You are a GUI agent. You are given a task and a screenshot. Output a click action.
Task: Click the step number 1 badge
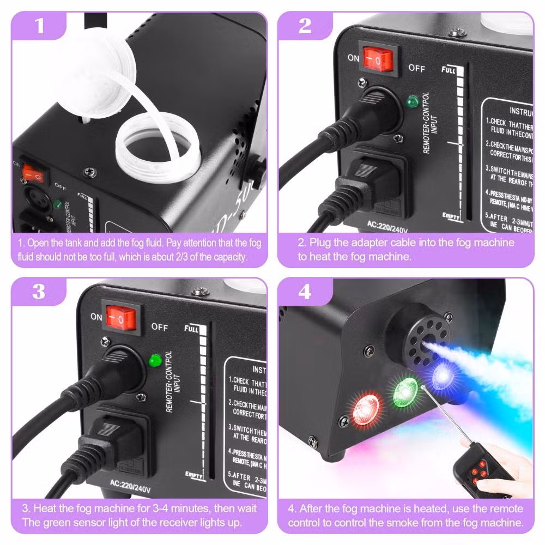39,26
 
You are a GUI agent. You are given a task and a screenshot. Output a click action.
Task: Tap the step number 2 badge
305,26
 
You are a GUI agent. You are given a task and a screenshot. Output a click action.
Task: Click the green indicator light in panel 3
154,360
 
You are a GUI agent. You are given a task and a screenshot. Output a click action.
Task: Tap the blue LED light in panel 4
440,376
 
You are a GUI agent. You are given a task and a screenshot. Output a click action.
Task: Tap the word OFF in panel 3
160,327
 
